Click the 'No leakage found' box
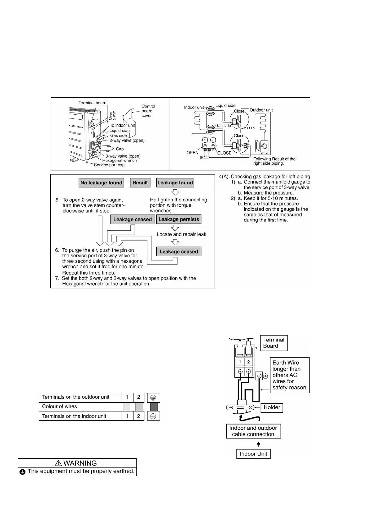click(101, 183)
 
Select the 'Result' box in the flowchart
click(140, 183)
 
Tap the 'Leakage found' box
click(175, 183)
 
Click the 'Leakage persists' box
click(179, 219)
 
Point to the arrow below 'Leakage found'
click(175, 192)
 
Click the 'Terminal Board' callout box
click(273, 343)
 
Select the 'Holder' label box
click(272, 407)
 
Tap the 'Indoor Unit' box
click(253, 454)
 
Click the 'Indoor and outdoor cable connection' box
click(253, 431)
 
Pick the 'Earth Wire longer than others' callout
click(289, 375)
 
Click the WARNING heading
click(77, 463)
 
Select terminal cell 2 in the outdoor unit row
click(139, 397)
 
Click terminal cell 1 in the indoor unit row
click(127, 416)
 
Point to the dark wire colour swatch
click(154, 407)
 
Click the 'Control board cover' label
click(148, 111)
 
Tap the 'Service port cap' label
click(109, 165)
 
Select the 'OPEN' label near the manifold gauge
click(192, 153)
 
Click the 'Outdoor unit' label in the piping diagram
click(261, 110)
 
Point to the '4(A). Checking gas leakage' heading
click(264, 177)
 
